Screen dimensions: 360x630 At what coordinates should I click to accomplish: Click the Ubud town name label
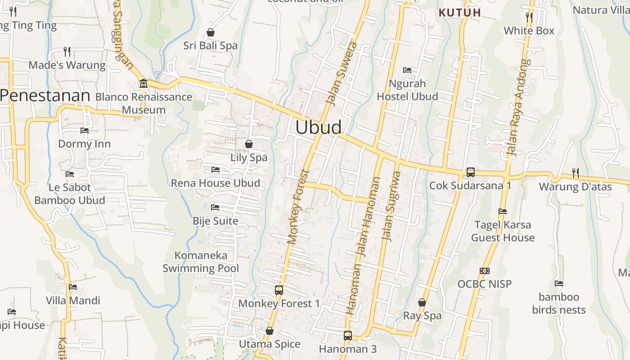[x=318, y=127]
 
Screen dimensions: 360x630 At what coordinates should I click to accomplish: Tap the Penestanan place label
[x=45, y=95]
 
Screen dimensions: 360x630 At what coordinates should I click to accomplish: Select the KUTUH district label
[x=460, y=13]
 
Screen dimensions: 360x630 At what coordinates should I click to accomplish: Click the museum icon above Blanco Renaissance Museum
[x=144, y=84]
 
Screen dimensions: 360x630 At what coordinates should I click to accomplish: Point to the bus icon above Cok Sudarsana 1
[x=470, y=172]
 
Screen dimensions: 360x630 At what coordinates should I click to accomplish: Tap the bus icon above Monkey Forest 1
[x=279, y=290]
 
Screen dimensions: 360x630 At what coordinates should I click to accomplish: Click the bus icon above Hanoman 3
[x=347, y=335]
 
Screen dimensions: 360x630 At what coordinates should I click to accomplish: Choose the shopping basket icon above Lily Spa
[x=248, y=144]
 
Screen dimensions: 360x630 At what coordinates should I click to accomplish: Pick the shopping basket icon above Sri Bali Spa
[x=210, y=32]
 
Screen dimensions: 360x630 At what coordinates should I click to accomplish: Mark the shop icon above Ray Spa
[x=422, y=302]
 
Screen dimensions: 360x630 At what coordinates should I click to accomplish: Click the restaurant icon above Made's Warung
[x=67, y=52]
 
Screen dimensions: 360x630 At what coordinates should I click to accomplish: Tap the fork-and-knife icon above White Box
[x=529, y=18]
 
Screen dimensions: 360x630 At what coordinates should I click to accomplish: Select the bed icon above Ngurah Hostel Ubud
[x=407, y=70]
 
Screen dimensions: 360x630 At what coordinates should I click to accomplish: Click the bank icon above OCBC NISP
[x=485, y=271]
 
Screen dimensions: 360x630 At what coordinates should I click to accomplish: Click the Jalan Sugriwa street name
[x=391, y=206]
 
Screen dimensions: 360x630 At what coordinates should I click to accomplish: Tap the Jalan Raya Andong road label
[x=519, y=108]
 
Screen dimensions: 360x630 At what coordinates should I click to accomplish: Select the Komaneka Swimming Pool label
[x=201, y=262]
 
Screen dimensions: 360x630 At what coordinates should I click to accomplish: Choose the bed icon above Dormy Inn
[x=85, y=131]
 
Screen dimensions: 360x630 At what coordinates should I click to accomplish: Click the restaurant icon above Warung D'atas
[x=575, y=173]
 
